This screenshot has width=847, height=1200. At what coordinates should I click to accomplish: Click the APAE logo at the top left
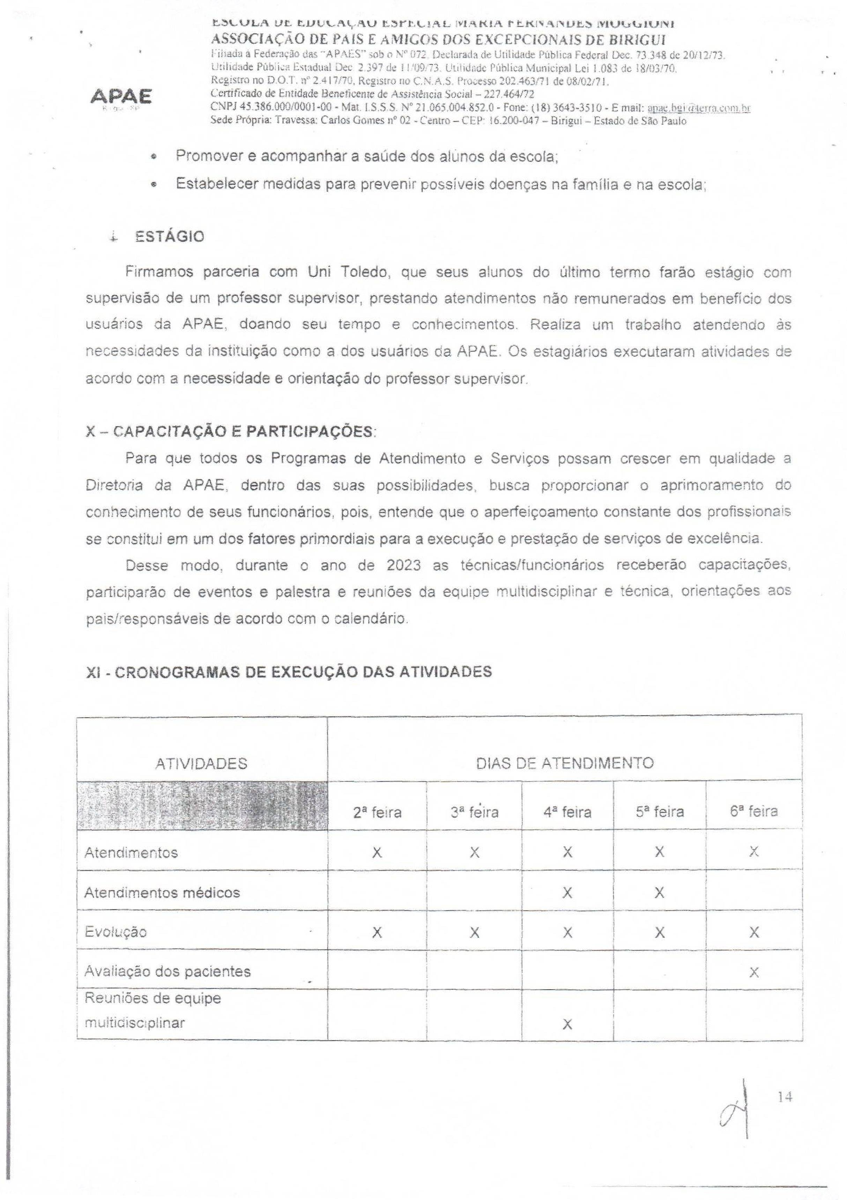point(121,97)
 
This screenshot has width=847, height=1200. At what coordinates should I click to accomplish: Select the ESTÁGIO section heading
point(169,237)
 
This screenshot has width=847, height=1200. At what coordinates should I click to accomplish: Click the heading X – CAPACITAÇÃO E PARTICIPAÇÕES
point(230,432)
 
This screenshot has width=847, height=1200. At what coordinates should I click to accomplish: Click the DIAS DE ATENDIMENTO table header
point(565,763)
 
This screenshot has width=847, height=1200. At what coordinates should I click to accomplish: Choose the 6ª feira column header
point(753,812)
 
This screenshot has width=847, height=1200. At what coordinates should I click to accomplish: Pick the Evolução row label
point(116,932)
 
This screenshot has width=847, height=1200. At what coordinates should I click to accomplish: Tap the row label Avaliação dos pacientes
point(168,972)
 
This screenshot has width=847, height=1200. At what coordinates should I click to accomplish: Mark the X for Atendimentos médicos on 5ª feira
point(659,893)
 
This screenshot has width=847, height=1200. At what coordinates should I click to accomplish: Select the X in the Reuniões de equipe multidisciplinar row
point(567,1024)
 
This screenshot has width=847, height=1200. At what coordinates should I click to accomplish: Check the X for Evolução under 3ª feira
point(474,933)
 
